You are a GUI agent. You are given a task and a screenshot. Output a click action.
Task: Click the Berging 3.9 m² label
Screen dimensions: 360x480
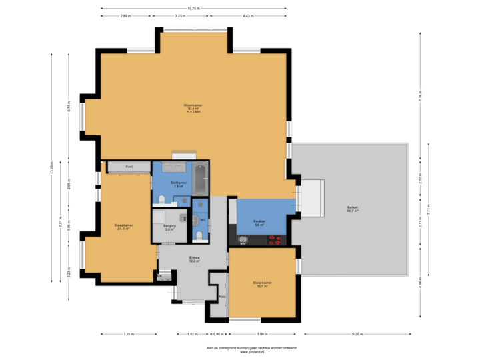pos(169,227)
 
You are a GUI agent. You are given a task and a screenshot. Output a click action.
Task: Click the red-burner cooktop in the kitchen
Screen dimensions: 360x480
pos(275,241)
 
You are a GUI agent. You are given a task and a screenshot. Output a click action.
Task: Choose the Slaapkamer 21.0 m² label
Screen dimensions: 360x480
pos(123,227)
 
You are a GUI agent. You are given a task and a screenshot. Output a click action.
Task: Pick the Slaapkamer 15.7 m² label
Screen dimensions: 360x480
pos(262,284)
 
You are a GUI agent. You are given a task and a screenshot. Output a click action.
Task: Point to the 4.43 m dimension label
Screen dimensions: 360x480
pos(247,15)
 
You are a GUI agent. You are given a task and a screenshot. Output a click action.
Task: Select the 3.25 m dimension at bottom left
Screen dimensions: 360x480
pos(129,334)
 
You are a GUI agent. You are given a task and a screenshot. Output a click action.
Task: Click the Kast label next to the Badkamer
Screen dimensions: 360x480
pos(129,167)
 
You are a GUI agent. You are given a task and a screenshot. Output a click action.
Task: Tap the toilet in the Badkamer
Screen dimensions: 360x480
pos(163,199)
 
